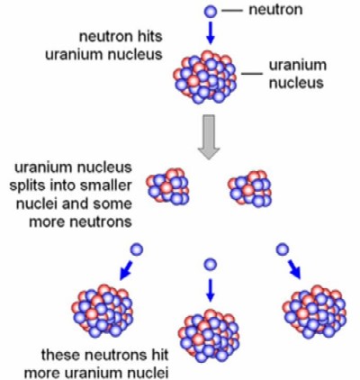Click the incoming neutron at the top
coord(211,12)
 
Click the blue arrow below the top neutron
coord(211,32)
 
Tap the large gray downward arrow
coord(209,137)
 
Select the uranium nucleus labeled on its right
coord(205,77)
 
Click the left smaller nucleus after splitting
coord(167,186)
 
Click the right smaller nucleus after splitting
coord(250,188)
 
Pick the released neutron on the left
coord(137,249)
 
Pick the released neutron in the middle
coord(211,265)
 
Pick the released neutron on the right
coord(283,249)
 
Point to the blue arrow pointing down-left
coord(126,270)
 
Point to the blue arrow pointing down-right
coord(294,269)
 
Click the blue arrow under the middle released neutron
coord(211,290)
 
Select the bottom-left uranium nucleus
coord(103,311)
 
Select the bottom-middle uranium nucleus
coord(209,336)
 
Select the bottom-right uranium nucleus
coord(314,312)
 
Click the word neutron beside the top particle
coord(275,10)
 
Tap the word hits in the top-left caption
coord(149,36)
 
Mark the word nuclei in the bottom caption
coord(148,373)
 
